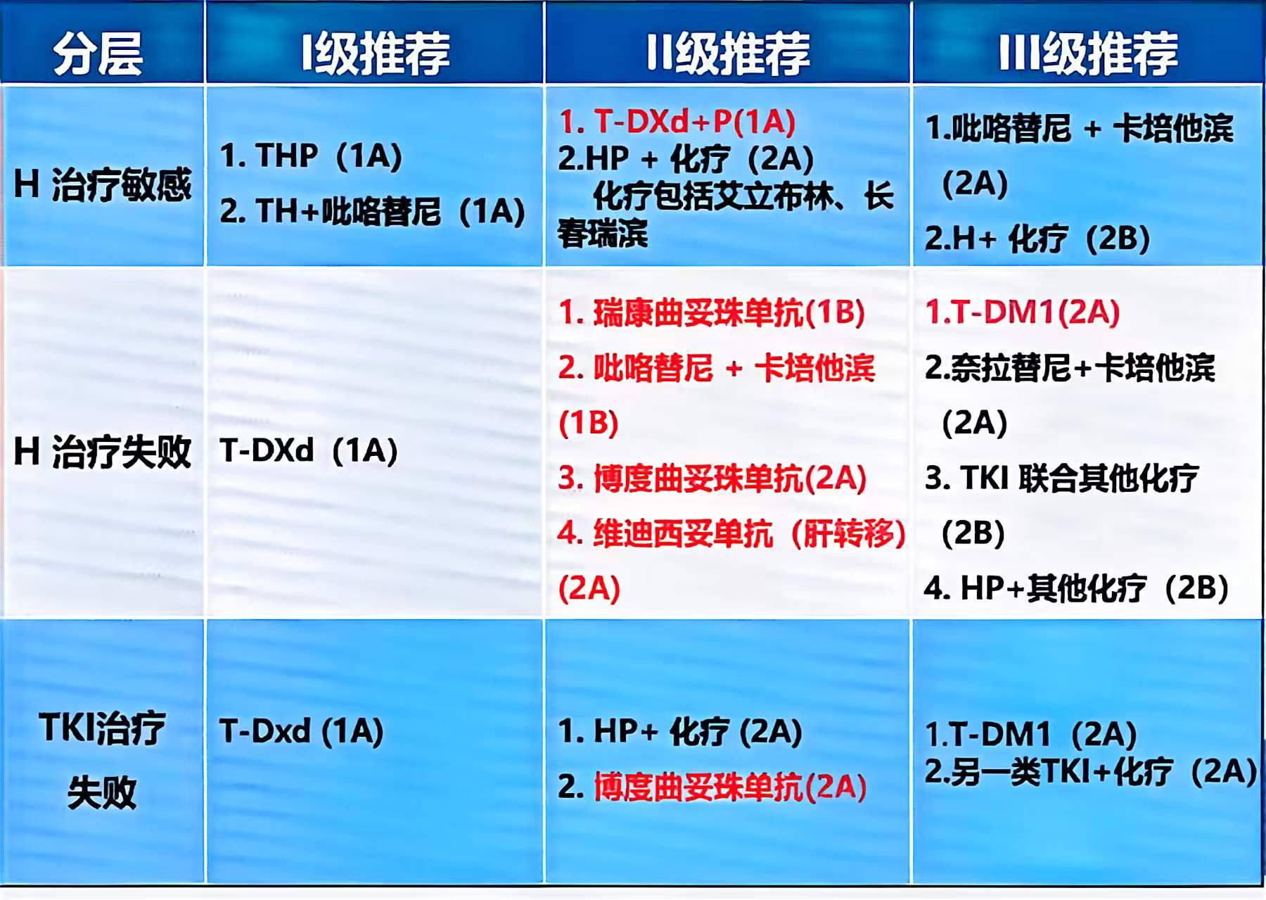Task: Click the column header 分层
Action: pos(98,53)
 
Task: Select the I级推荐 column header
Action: pos(375,53)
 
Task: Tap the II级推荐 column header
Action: pos(727,53)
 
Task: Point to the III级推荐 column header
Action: pos(1087,53)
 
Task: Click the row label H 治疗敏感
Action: pos(103,184)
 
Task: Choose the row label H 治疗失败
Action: pos(103,451)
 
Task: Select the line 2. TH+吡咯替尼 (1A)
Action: pos(372,211)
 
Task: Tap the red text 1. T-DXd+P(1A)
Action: pos(677,122)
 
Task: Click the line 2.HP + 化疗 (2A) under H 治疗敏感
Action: pos(686,158)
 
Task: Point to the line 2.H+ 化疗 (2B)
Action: pos(1037,239)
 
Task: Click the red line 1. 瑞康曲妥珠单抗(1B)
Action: pos(711,313)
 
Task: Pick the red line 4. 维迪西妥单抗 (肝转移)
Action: pos(731,534)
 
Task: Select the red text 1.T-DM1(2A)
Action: pos(1022,312)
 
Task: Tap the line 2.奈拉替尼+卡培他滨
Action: pos(1069,368)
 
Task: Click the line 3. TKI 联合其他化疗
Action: pos(1061,478)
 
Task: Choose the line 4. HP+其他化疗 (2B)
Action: pos(1076,588)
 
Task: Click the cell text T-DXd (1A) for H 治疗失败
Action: pos(308,451)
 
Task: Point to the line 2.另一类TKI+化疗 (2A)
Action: pos(1090,772)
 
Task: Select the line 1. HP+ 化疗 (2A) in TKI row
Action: pos(679,732)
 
